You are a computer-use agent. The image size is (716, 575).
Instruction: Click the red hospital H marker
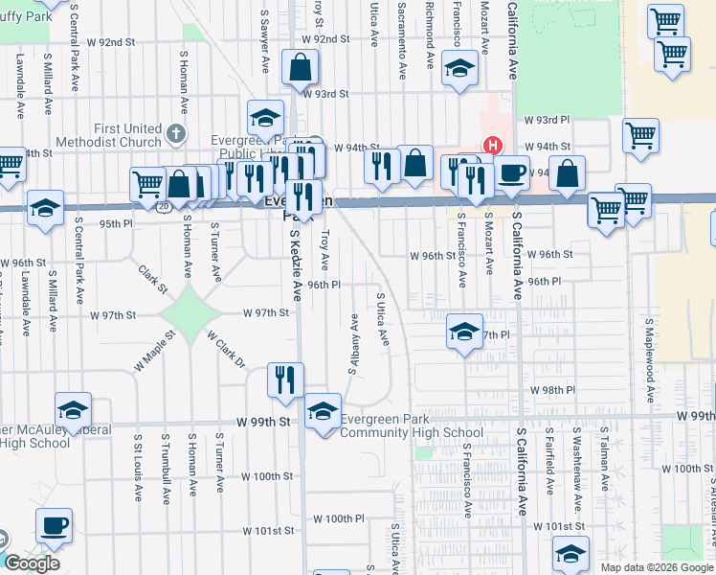click(x=492, y=146)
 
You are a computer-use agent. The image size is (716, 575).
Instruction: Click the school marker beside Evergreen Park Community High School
click(x=323, y=412)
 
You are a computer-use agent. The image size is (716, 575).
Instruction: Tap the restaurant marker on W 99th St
click(x=285, y=379)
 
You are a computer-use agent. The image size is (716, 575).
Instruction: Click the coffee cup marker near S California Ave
click(x=512, y=172)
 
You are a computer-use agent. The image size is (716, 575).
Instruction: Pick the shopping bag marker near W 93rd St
click(x=301, y=68)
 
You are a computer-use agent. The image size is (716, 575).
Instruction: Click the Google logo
click(x=32, y=563)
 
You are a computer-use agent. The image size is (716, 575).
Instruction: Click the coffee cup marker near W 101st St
click(x=54, y=525)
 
